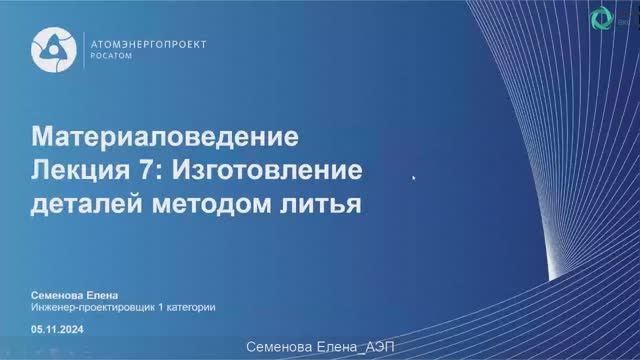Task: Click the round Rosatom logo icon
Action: (x=51, y=49)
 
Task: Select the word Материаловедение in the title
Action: (x=165, y=135)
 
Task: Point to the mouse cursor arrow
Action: (x=414, y=177)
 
